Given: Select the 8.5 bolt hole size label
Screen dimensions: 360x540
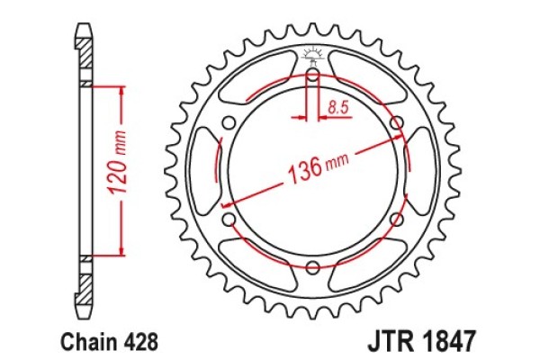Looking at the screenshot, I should (338, 108).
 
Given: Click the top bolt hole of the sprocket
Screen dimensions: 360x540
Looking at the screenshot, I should (312, 75).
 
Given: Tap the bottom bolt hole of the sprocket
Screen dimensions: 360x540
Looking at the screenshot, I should (312, 267).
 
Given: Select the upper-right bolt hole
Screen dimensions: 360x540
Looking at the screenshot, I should (396, 123).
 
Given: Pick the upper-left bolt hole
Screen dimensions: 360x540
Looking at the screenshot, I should (229, 123).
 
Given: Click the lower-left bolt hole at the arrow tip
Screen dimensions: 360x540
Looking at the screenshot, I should (229, 219).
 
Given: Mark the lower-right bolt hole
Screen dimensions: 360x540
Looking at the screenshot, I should (396, 219).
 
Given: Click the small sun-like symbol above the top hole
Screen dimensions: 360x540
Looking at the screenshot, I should (312, 53).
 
